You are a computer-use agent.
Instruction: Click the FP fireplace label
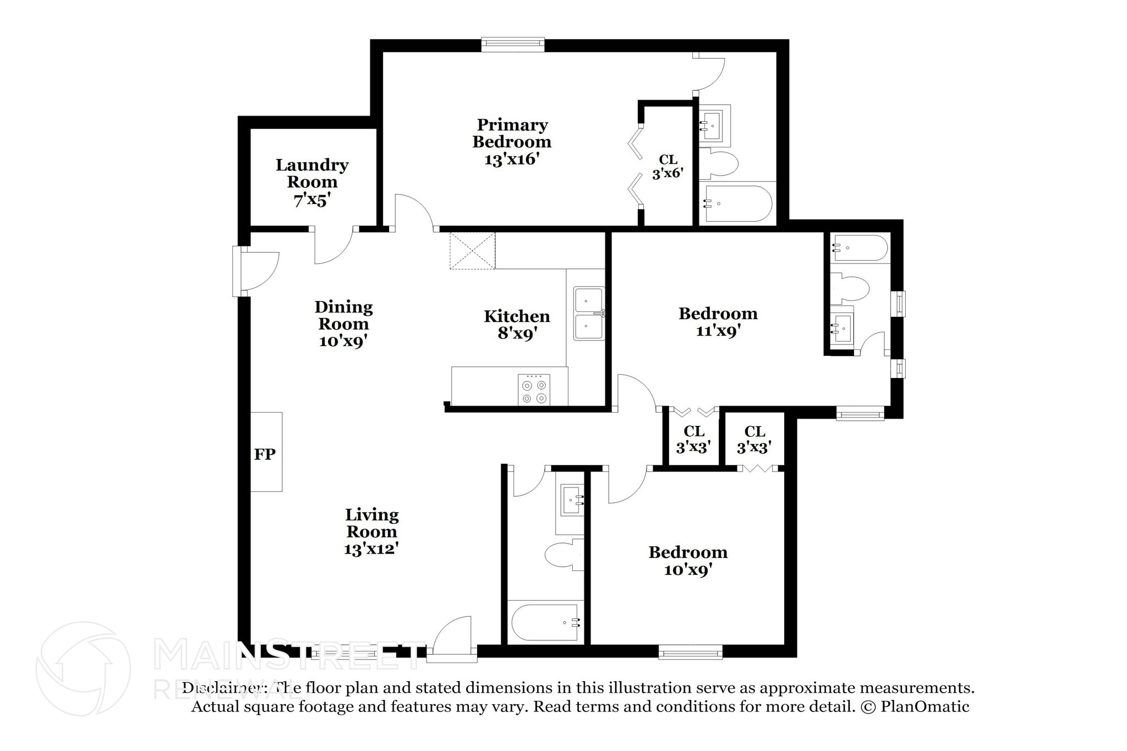[x=265, y=454]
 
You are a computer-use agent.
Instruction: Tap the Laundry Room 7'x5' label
[x=312, y=182]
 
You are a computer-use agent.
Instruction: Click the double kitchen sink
[x=588, y=313]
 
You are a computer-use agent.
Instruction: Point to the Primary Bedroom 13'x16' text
[x=512, y=142]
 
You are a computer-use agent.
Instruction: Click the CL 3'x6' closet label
[x=668, y=167]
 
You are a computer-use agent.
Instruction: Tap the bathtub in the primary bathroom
[x=737, y=204]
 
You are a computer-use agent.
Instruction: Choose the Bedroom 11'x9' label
[x=718, y=322]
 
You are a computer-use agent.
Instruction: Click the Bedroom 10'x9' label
[x=688, y=560]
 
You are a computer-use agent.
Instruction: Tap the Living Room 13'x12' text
[x=371, y=531]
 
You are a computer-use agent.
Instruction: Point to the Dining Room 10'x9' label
[x=343, y=324]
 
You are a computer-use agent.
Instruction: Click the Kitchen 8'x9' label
[x=517, y=324]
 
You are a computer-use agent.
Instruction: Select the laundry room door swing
[x=333, y=246]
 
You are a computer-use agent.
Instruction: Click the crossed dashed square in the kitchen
[x=472, y=250]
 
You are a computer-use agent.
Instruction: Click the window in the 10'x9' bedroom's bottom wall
[x=690, y=652]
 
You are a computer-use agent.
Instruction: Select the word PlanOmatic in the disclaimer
[x=924, y=706]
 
